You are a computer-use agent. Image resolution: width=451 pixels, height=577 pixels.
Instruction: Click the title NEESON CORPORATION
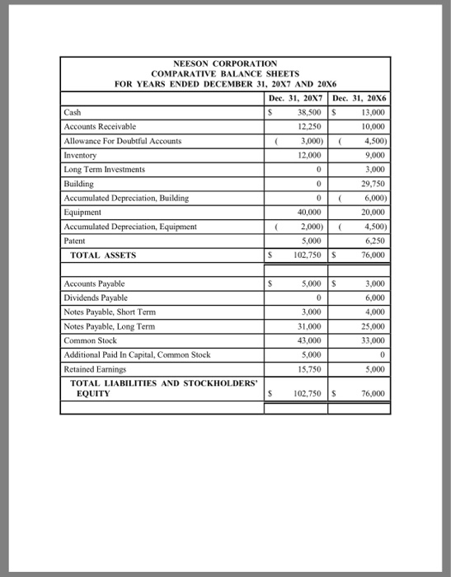[x=225, y=63]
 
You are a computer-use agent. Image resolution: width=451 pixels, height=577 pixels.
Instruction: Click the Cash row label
[x=72, y=113]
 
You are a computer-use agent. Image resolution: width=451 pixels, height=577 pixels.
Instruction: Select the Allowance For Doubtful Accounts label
[x=121, y=141]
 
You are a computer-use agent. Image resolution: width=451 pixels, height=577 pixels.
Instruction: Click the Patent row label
[x=75, y=240]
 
